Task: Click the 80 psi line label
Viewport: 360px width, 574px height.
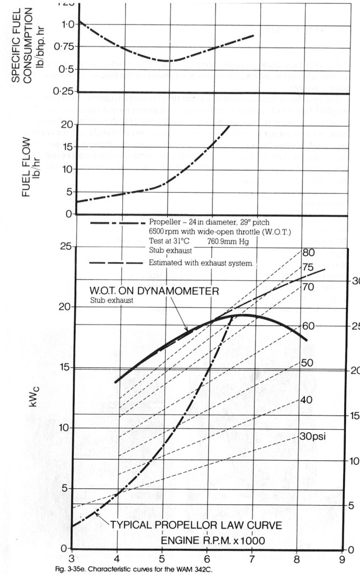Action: [308, 252]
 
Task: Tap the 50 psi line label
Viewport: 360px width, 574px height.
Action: [307, 363]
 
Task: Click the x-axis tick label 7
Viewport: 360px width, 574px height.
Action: [252, 559]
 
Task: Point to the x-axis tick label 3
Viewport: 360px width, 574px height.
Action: [71, 559]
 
